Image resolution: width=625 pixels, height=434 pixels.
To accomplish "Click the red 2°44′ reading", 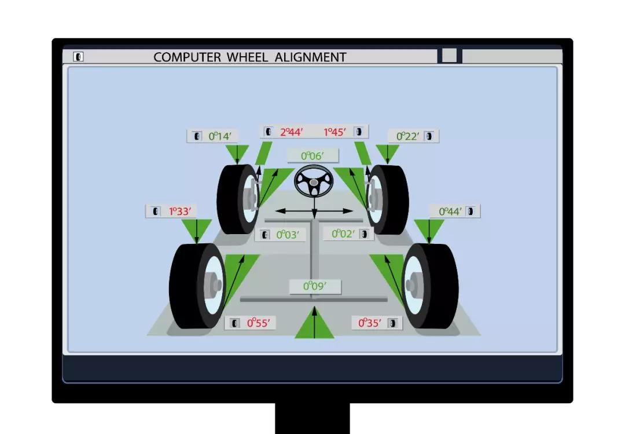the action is click(x=291, y=132).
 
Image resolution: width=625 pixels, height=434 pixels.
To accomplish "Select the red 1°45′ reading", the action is click(x=335, y=132).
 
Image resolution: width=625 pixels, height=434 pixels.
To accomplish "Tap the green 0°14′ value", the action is click(x=220, y=136).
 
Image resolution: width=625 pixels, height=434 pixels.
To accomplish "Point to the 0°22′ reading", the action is click(x=407, y=136).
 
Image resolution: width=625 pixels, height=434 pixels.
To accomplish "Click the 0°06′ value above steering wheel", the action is click(x=312, y=156).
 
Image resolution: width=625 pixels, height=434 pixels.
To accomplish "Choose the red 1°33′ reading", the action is click(x=180, y=211).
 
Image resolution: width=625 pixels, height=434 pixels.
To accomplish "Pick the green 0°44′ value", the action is click(x=450, y=211).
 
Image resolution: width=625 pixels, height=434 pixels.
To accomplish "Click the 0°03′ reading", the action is click(x=288, y=234).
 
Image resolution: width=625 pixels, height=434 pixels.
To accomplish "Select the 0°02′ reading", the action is click(x=343, y=233).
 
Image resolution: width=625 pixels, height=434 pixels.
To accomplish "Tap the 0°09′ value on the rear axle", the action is click(x=315, y=286).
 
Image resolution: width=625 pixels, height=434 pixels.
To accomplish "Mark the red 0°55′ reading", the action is click(x=259, y=323).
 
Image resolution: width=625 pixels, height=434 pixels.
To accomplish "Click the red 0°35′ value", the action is click(x=370, y=323).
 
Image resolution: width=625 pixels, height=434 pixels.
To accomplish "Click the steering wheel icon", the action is click(x=314, y=182).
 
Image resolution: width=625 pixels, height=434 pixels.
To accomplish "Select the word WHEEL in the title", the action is click(x=247, y=57).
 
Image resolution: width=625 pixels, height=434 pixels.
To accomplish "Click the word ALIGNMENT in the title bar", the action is click(x=311, y=57).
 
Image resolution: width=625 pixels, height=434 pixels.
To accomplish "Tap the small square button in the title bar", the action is click(x=450, y=56).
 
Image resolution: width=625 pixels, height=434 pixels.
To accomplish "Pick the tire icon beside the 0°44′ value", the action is click(x=470, y=211).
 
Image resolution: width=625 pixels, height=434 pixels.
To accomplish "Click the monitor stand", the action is click(x=312, y=418).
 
